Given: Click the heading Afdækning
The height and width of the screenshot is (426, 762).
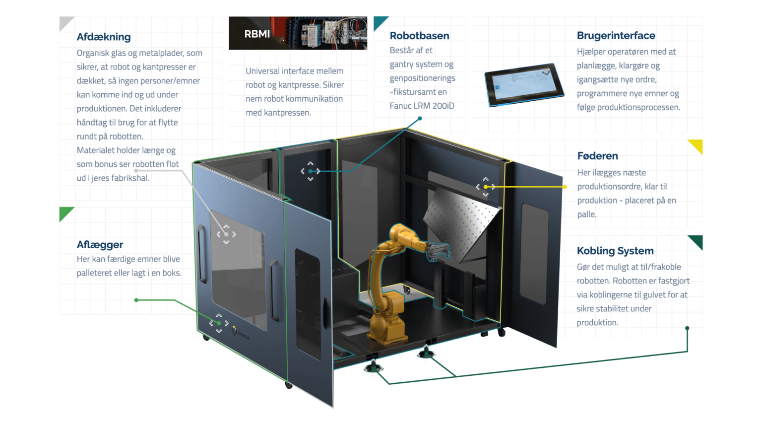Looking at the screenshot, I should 104,37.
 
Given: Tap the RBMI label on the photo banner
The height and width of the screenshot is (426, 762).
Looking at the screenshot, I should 257,34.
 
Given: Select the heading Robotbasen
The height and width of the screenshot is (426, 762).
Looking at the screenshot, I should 419,36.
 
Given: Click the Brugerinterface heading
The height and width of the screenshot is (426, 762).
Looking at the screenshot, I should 616,36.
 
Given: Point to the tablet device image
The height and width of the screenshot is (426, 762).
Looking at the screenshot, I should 524,84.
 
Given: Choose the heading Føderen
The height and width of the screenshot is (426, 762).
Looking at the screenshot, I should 597,156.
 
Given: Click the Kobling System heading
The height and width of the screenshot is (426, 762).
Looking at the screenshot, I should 615,251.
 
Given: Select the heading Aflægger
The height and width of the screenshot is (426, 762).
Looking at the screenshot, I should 100,245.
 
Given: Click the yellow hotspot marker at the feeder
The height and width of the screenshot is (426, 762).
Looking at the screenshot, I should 486,187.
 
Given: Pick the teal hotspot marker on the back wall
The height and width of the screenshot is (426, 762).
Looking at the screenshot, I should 310,171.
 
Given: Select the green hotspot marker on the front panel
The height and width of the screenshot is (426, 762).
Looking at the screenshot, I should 219,323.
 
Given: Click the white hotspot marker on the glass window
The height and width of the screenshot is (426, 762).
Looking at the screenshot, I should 226,234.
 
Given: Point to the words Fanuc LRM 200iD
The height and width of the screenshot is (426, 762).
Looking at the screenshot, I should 422,106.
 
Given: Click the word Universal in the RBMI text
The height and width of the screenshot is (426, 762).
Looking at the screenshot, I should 263,71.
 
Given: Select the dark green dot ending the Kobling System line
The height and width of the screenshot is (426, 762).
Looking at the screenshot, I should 687,328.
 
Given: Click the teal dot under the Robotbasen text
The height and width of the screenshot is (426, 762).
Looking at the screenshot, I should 420,119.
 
